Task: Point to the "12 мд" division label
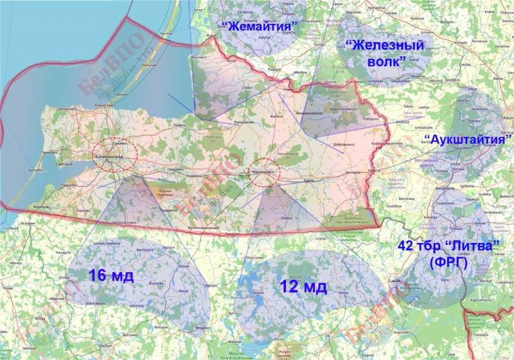pyautogui.click(x=304, y=285)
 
